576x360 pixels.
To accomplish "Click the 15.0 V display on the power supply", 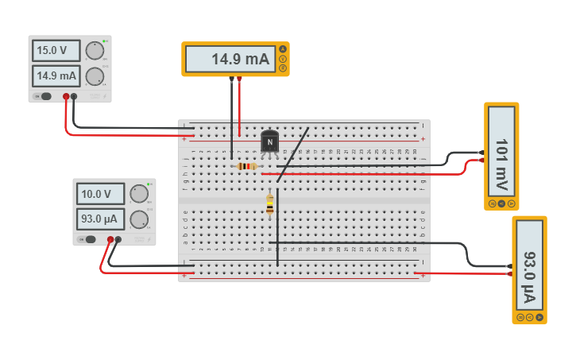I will click(56, 51).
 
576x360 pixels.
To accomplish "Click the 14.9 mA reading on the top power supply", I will click(56, 76).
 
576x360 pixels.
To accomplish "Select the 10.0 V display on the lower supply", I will click(100, 194).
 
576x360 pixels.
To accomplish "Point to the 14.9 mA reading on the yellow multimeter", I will click(231, 59).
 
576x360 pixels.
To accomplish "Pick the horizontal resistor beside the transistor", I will click(247, 166).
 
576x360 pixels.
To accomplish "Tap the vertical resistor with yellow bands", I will click(270, 204).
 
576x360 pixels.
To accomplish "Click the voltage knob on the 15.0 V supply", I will click(95, 50).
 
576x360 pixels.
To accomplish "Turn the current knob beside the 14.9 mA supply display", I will click(95, 76).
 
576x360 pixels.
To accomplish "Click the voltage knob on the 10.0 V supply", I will click(139, 193).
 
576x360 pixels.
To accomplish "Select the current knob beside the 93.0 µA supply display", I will click(139, 219).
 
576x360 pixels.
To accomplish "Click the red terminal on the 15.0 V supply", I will click(65, 97).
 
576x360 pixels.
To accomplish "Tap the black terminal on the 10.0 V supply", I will click(118, 239).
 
